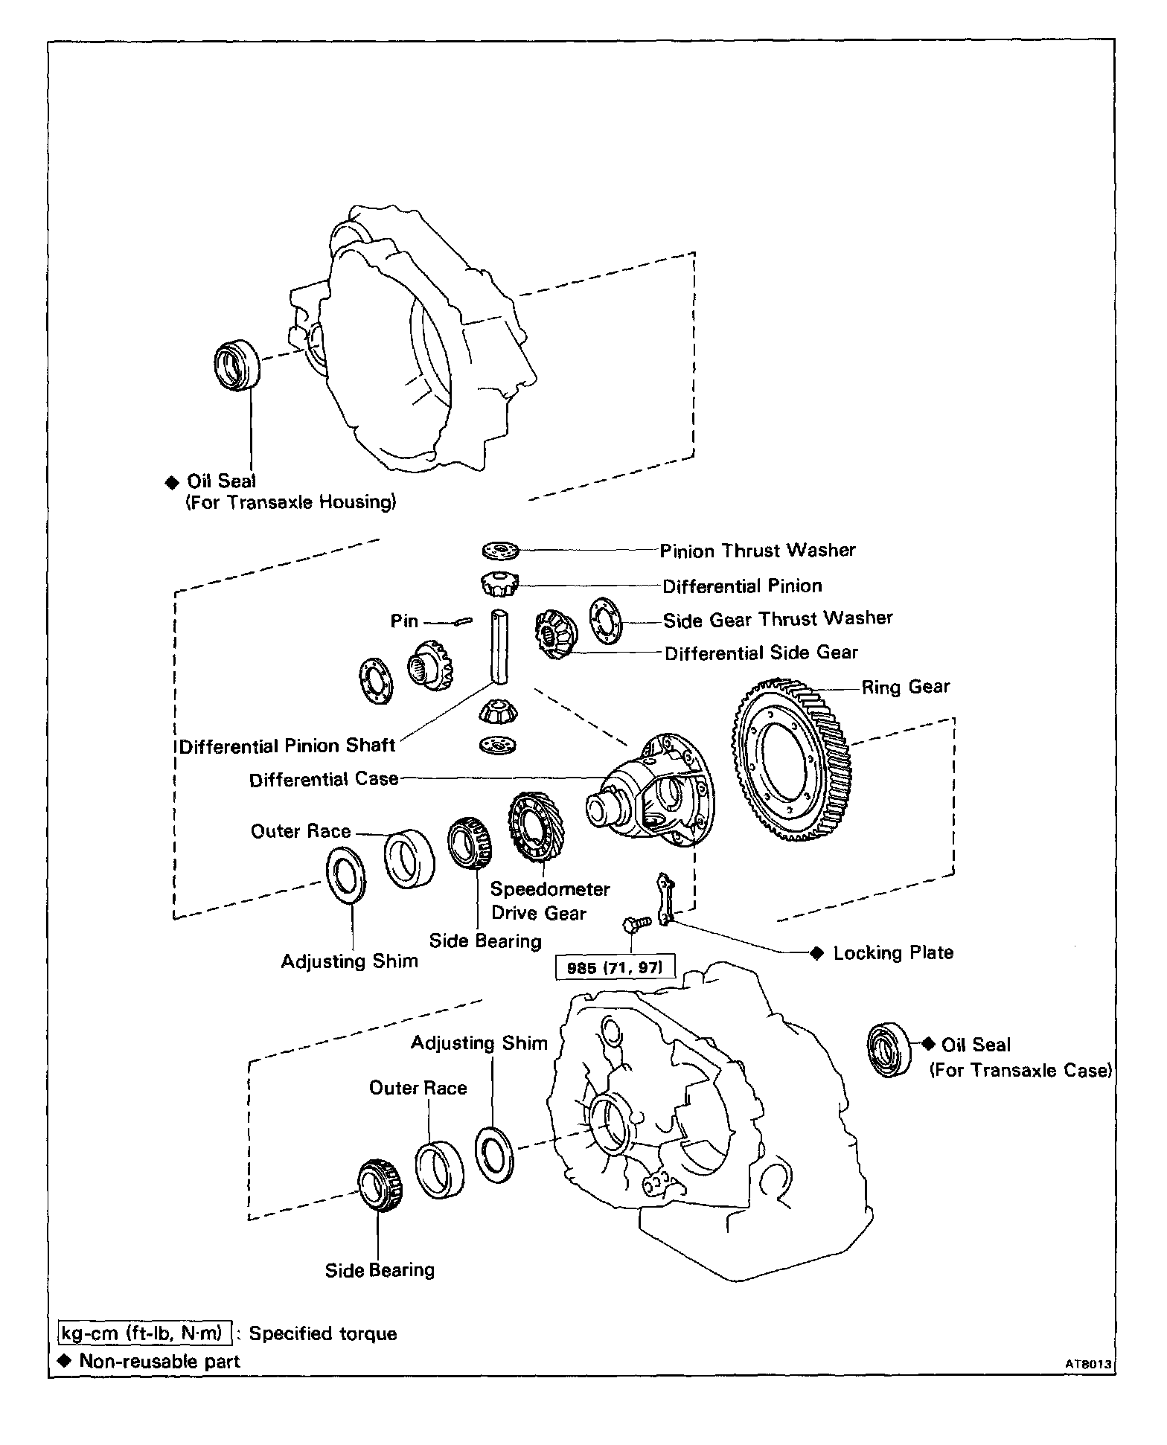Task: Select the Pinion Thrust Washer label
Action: point(758,551)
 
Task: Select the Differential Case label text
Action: point(324,780)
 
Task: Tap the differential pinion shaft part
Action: point(499,644)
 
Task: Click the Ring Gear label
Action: point(906,687)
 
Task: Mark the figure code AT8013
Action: point(1087,1365)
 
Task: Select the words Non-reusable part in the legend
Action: point(159,1362)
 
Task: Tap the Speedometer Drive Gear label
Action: point(549,901)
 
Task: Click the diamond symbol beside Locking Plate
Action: point(817,953)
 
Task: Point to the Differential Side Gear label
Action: point(761,653)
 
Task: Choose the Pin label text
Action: point(404,621)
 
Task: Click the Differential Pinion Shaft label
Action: point(287,746)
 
